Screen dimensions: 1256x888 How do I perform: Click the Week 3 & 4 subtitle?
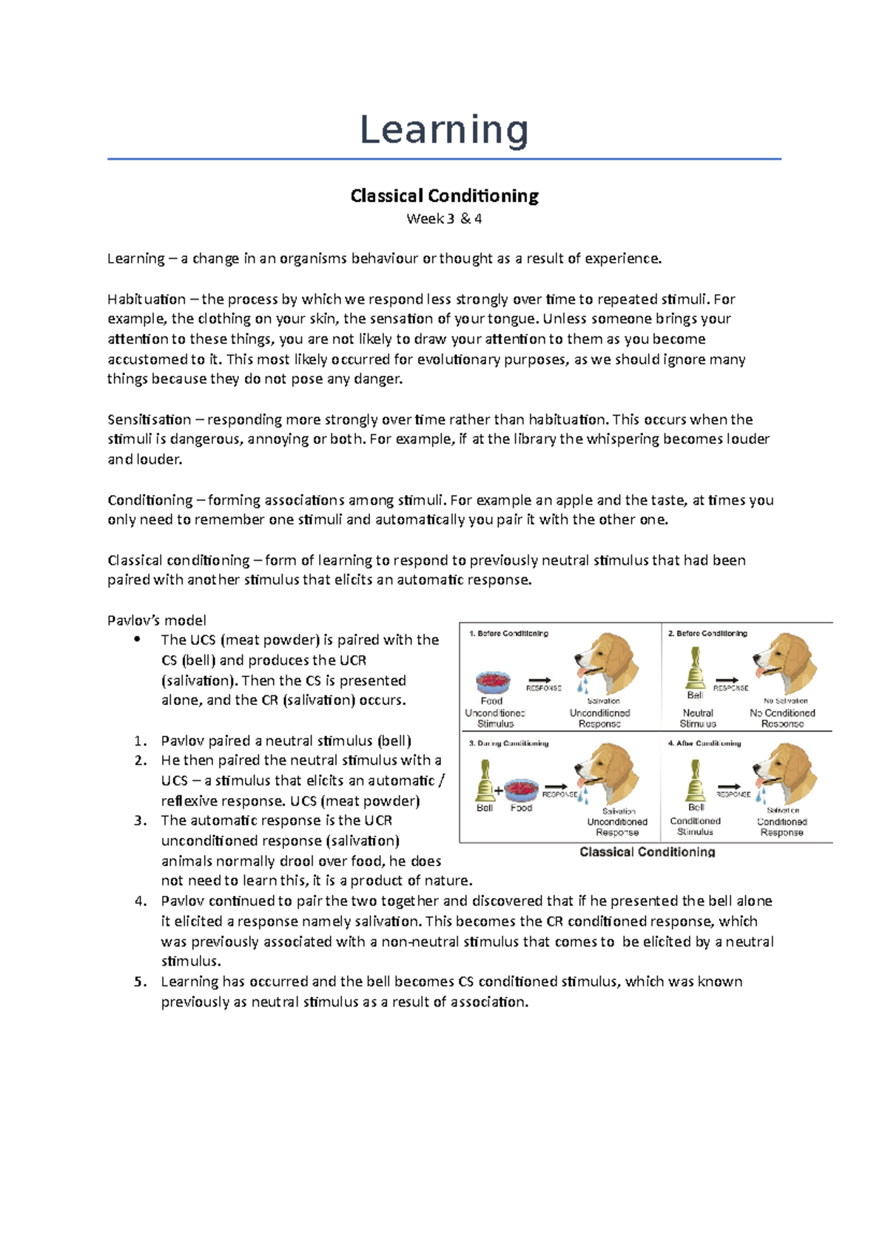(444, 219)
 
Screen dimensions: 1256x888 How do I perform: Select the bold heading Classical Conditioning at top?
(444, 196)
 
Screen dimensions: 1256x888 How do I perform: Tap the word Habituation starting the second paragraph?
(147, 300)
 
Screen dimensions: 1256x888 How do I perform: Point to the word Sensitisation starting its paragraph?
(149, 419)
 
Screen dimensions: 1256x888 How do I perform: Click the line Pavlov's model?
(156, 620)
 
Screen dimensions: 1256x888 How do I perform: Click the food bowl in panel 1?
(493, 682)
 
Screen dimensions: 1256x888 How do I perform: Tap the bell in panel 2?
(695, 669)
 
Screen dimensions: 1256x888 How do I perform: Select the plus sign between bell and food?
(499, 791)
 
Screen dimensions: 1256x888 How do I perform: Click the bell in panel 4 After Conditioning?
(695, 781)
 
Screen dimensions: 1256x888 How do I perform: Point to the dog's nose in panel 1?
(578, 655)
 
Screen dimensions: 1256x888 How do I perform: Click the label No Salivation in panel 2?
(785, 700)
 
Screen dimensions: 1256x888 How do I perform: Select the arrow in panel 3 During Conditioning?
(556, 786)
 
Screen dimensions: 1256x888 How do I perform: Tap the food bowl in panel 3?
(522, 789)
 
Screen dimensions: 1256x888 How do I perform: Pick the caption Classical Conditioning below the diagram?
(647, 852)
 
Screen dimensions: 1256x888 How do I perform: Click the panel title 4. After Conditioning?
(704, 743)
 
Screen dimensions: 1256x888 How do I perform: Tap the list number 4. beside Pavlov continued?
(141, 901)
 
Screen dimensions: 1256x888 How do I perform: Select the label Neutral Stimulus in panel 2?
(698, 718)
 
